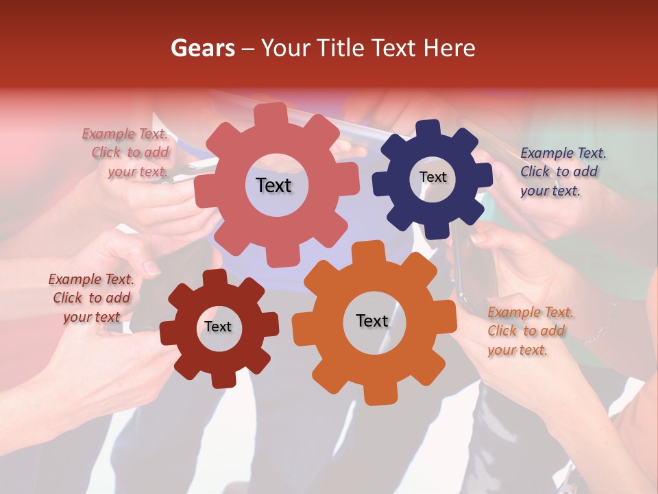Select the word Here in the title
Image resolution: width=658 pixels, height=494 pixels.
click(450, 48)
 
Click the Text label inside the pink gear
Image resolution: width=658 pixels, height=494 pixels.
click(273, 185)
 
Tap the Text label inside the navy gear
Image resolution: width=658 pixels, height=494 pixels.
click(432, 177)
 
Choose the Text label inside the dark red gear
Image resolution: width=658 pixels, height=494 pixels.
click(218, 327)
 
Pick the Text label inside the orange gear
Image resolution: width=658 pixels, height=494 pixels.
click(372, 320)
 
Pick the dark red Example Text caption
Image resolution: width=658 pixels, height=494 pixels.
click(91, 298)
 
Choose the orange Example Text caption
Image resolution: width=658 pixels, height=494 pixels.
click(530, 331)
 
